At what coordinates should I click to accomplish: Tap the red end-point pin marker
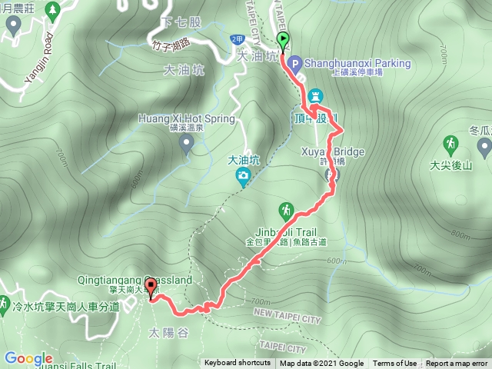click(150, 288)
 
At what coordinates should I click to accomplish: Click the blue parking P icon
click(296, 63)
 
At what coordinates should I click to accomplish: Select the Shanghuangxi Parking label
click(357, 63)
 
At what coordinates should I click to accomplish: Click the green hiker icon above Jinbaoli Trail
click(286, 209)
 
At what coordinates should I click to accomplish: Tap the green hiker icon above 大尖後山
click(450, 144)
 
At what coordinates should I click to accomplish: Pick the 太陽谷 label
click(165, 334)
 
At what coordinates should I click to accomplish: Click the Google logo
click(28, 358)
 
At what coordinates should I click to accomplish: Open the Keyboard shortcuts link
click(237, 364)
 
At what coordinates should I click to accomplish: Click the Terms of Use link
click(394, 364)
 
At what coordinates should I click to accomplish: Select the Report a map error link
click(458, 364)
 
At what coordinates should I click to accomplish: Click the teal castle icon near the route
click(314, 96)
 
